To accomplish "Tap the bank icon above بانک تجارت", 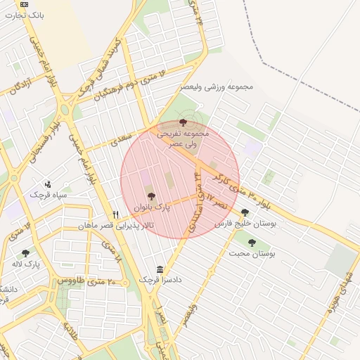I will (25, 4).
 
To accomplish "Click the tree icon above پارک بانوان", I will (150, 196).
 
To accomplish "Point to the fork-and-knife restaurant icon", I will (116, 214).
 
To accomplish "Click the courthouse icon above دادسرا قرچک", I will (160, 269).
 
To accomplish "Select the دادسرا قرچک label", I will (160, 280).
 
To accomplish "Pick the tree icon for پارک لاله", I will (26, 253).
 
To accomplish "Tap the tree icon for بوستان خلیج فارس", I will (245, 212).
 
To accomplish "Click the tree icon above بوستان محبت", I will (252, 243).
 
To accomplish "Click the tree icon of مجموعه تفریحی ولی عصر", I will (183, 122).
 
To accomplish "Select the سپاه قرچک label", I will (48, 193).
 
